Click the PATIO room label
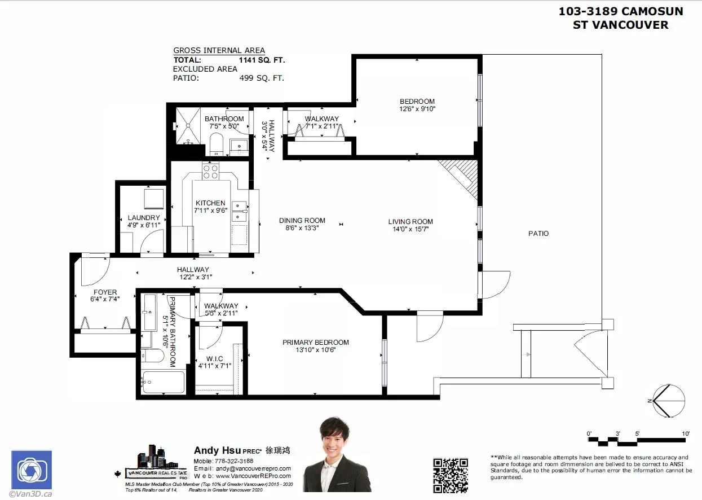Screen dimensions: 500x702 click(x=538, y=233)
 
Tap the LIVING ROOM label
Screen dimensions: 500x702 click(x=410, y=222)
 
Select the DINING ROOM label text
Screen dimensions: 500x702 click(x=302, y=221)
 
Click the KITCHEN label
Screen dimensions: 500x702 click(x=210, y=203)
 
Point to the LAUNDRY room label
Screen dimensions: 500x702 click(x=144, y=218)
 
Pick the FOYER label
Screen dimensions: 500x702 click(x=105, y=292)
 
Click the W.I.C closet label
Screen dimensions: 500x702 click(x=214, y=359)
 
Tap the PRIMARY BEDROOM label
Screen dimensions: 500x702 click(x=316, y=343)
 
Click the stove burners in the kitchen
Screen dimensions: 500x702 click(x=211, y=172)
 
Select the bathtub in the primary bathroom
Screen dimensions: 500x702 click(x=163, y=382)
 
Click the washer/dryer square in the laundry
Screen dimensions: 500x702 click(x=153, y=199)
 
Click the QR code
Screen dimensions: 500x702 click(x=450, y=475)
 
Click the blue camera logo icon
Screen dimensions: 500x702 click(x=32, y=470)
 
